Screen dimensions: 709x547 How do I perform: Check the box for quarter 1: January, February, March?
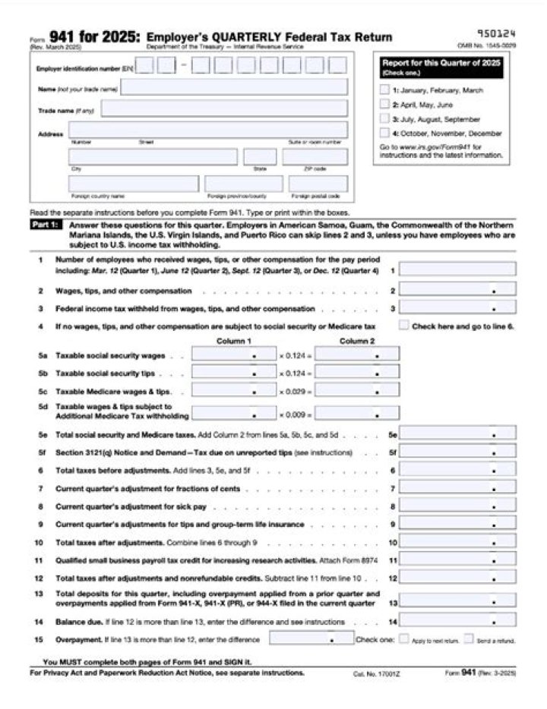(x=384, y=90)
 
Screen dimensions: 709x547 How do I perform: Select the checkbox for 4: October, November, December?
(x=384, y=133)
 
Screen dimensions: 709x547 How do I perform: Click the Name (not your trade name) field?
(x=234, y=87)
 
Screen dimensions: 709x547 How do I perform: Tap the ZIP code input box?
(x=315, y=157)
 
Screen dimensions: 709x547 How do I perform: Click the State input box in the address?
(x=260, y=157)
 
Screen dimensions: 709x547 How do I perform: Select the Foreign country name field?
(x=134, y=184)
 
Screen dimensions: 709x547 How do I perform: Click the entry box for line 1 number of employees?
(x=457, y=269)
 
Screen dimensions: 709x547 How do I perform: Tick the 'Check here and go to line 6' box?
(x=404, y=326)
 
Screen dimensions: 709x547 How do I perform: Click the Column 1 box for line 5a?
(x=234, y=354)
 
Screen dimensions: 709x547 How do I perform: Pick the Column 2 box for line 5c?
(x=357, y=392)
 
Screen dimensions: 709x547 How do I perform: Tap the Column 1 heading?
(x=234, y=341)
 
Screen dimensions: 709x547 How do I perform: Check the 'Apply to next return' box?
(x=404, y=639)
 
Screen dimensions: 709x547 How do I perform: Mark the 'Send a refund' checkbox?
(x=469, y=639)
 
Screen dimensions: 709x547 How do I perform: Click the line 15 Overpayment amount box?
(x=311, y=639)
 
